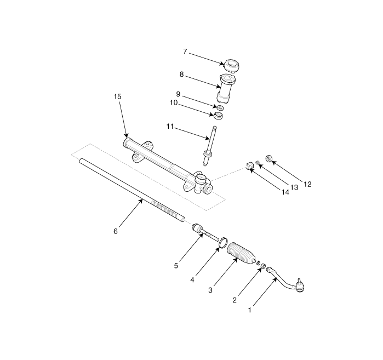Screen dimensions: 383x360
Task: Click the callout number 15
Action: point(117,96)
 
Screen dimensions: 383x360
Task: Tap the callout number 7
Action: point(185,52)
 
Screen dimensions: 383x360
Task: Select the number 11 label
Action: point(170,127)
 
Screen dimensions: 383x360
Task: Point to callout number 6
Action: point(116,231)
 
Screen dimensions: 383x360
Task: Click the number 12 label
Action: point(308,185)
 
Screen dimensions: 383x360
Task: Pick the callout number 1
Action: point(250,310)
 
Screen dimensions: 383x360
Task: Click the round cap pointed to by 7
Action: point(231,65)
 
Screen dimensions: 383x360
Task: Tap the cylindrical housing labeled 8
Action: point(226,89)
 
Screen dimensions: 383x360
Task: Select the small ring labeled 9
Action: point(221,107)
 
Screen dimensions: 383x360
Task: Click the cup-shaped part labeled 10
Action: point(219,116)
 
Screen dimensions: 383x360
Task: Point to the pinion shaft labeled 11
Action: point(209,146)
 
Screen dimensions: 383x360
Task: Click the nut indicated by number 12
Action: point(268,158)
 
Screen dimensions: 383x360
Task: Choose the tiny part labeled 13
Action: point(257,162)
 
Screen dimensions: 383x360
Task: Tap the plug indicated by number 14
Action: point(249,165)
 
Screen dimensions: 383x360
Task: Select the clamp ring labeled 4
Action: point(223,243)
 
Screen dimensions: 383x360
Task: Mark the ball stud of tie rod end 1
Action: point(298,280)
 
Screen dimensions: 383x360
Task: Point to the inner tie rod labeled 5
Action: point(205,232)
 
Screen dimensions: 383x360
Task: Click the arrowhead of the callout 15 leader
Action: point(127,135)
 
